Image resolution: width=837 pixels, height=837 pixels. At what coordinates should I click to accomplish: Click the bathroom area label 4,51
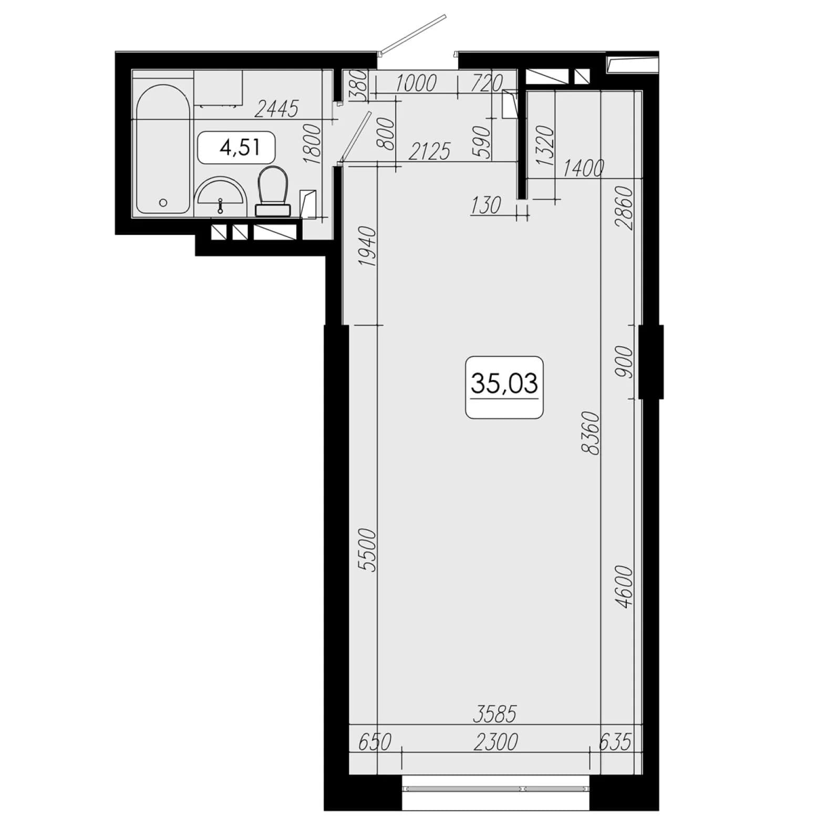pos(236,148)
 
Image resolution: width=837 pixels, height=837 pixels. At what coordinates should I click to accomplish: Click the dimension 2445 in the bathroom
pos(277,109)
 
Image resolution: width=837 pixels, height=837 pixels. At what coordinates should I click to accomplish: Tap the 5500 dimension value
pos(368,550)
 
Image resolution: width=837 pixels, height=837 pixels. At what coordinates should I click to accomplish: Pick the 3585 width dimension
pos(495,714)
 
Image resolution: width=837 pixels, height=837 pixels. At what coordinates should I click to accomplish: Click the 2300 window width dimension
pos(495,742)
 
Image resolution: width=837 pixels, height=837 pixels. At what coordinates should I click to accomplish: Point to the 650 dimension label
pos(375,742)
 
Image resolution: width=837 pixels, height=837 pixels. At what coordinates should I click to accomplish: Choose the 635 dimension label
pos(615,742)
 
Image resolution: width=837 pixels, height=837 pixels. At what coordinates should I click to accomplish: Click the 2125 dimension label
pos(429,152)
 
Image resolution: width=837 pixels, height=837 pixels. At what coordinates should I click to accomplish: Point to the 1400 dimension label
pos(583,169)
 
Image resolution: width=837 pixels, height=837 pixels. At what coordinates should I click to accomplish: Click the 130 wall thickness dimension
pos(486,205)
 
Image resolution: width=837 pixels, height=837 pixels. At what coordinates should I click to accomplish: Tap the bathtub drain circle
pos(163,202)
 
